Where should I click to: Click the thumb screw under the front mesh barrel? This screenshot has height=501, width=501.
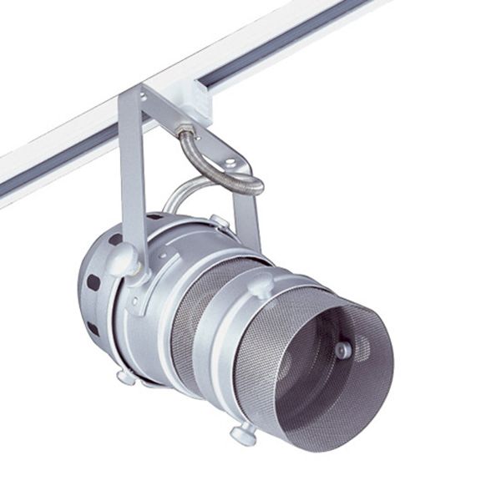(244, 433)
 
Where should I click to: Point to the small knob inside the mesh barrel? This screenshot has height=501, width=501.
(343, 350)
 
